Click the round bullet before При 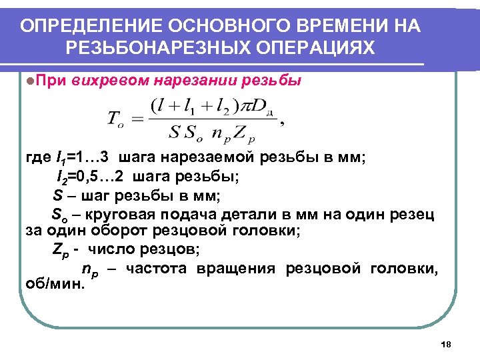pos(23,81)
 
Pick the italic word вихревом pos(109,81)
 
